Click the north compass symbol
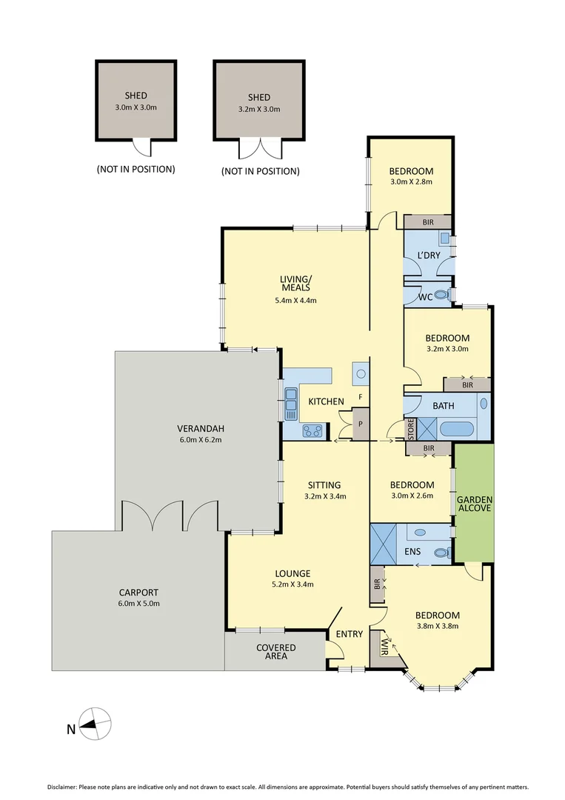click(x=96, y=723)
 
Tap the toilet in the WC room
click(x=442, y=296)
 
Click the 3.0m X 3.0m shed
click(x=136, y=101)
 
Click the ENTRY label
click(x=349, y=634)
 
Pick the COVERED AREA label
click(x=275, y=653)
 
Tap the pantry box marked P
click(x=361, y=424)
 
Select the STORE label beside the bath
click(x=410, y=429)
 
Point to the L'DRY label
click(x=429, y=256)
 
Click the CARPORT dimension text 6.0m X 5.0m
click(x=138, y=603)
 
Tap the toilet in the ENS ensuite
click(x=441, y=553)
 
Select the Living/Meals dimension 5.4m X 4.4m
click(x=295, y=300)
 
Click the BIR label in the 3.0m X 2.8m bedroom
click(x=427, y=221)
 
